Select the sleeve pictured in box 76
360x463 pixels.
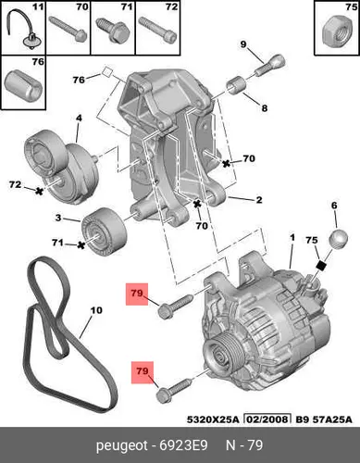point(23,85)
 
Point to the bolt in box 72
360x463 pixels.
point(157,30)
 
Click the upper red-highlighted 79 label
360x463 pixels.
point(137,294)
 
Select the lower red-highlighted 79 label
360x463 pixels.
point(143,372)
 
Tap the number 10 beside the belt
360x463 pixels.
point(96,310)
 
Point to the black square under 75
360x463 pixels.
point(321,266)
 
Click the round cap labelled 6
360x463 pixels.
point(339,239)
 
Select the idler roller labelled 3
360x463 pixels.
point(104,231)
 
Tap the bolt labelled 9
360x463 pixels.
point(269,66)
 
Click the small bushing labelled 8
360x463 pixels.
point(236,84)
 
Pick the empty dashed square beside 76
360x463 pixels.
point(107,72)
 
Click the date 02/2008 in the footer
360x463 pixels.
point(267,419)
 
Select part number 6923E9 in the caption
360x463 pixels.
point(183,445)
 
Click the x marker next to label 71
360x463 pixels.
point(81,245)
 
